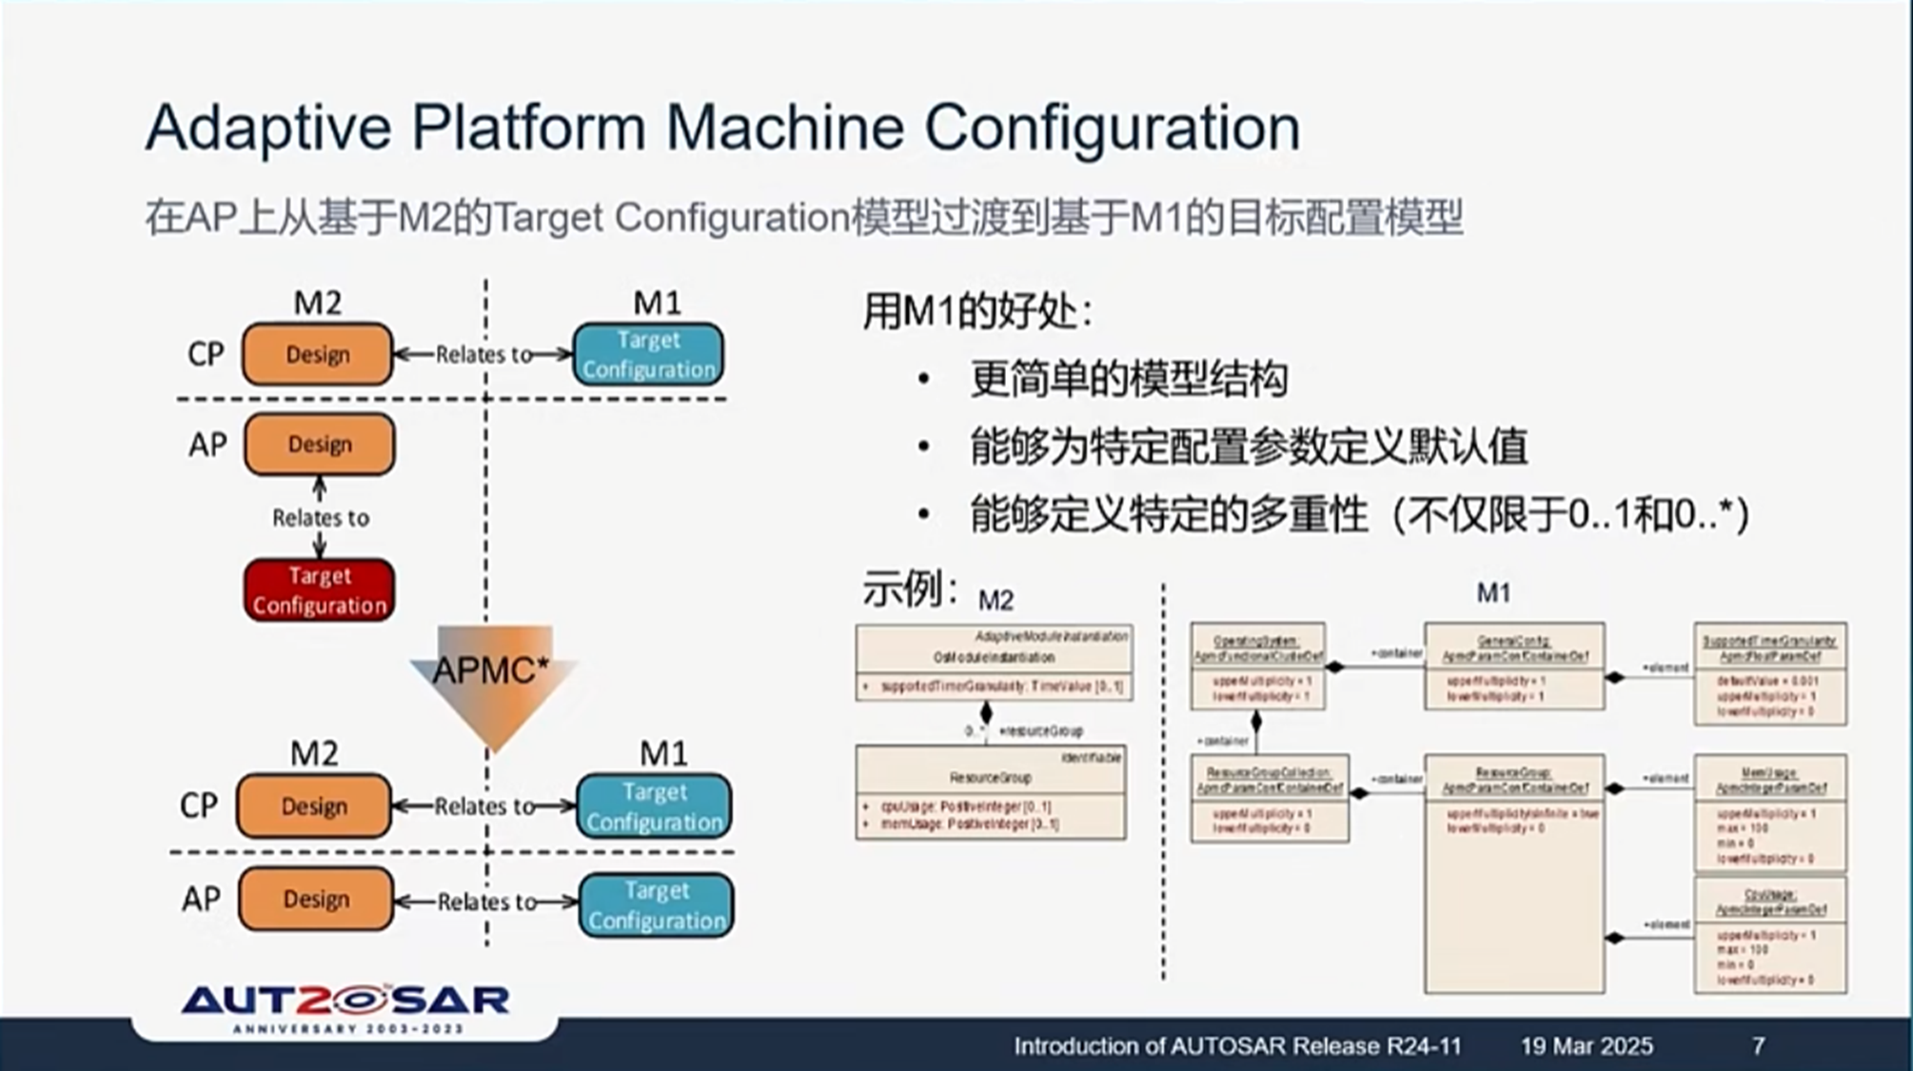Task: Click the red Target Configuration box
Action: click(320, 590)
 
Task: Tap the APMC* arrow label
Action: click(491, 671)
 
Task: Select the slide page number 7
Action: click(1759, 1046)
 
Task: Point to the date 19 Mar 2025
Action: click(1587, 1046)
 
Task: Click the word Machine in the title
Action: click(784, 128)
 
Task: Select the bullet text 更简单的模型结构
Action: click(1129, 379)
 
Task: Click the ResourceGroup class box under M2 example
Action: click(991, 792)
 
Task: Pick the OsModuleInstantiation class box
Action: click(994, 663)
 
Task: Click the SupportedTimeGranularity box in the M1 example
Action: click(1770, 674)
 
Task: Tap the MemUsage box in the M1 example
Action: click(1770, 814)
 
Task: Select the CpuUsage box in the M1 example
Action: click(1770, 936)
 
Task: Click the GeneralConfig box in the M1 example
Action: click(1514, 666)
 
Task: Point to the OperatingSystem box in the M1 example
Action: click(1257, 666)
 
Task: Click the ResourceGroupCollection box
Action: click(1270, 798)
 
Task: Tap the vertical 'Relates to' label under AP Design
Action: click(321, 518)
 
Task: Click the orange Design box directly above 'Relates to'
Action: click(320, 445)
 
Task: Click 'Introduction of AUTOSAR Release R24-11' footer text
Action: click(1237, 1046)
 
